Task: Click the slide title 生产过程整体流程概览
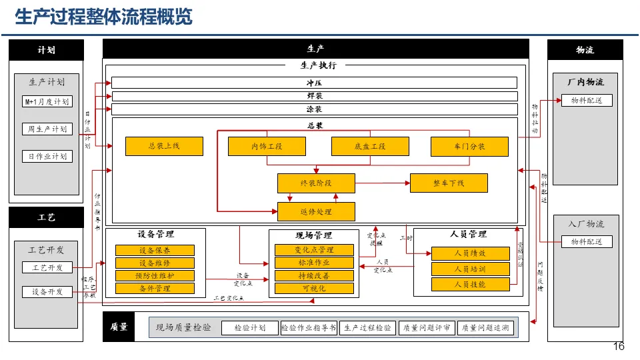(x=103, y=17)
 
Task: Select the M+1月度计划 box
(x=47, y=102)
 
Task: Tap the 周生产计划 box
(x=47, y=129)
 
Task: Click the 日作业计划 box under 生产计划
(x=47, y=157)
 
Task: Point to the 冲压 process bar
(x=314, y=83)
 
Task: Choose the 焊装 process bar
(x=314, y=96)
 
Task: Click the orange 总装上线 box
(x=164, y=146)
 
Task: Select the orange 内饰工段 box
(x=267, y=146)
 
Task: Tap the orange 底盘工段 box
(x=369, y=146)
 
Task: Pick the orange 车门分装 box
(x=469, y=146)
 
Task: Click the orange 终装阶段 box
(x=316, y=183)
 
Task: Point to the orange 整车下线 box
(x=449, y=183)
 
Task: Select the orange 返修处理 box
(x=316, y=212)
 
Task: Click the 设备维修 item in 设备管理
(x=155, y=263)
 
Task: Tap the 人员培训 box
(x=470, y=269)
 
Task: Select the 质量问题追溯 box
(x=485, y=328)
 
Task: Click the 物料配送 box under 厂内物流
(x=586, y=101)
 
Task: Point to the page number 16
(x=618, y=347)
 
